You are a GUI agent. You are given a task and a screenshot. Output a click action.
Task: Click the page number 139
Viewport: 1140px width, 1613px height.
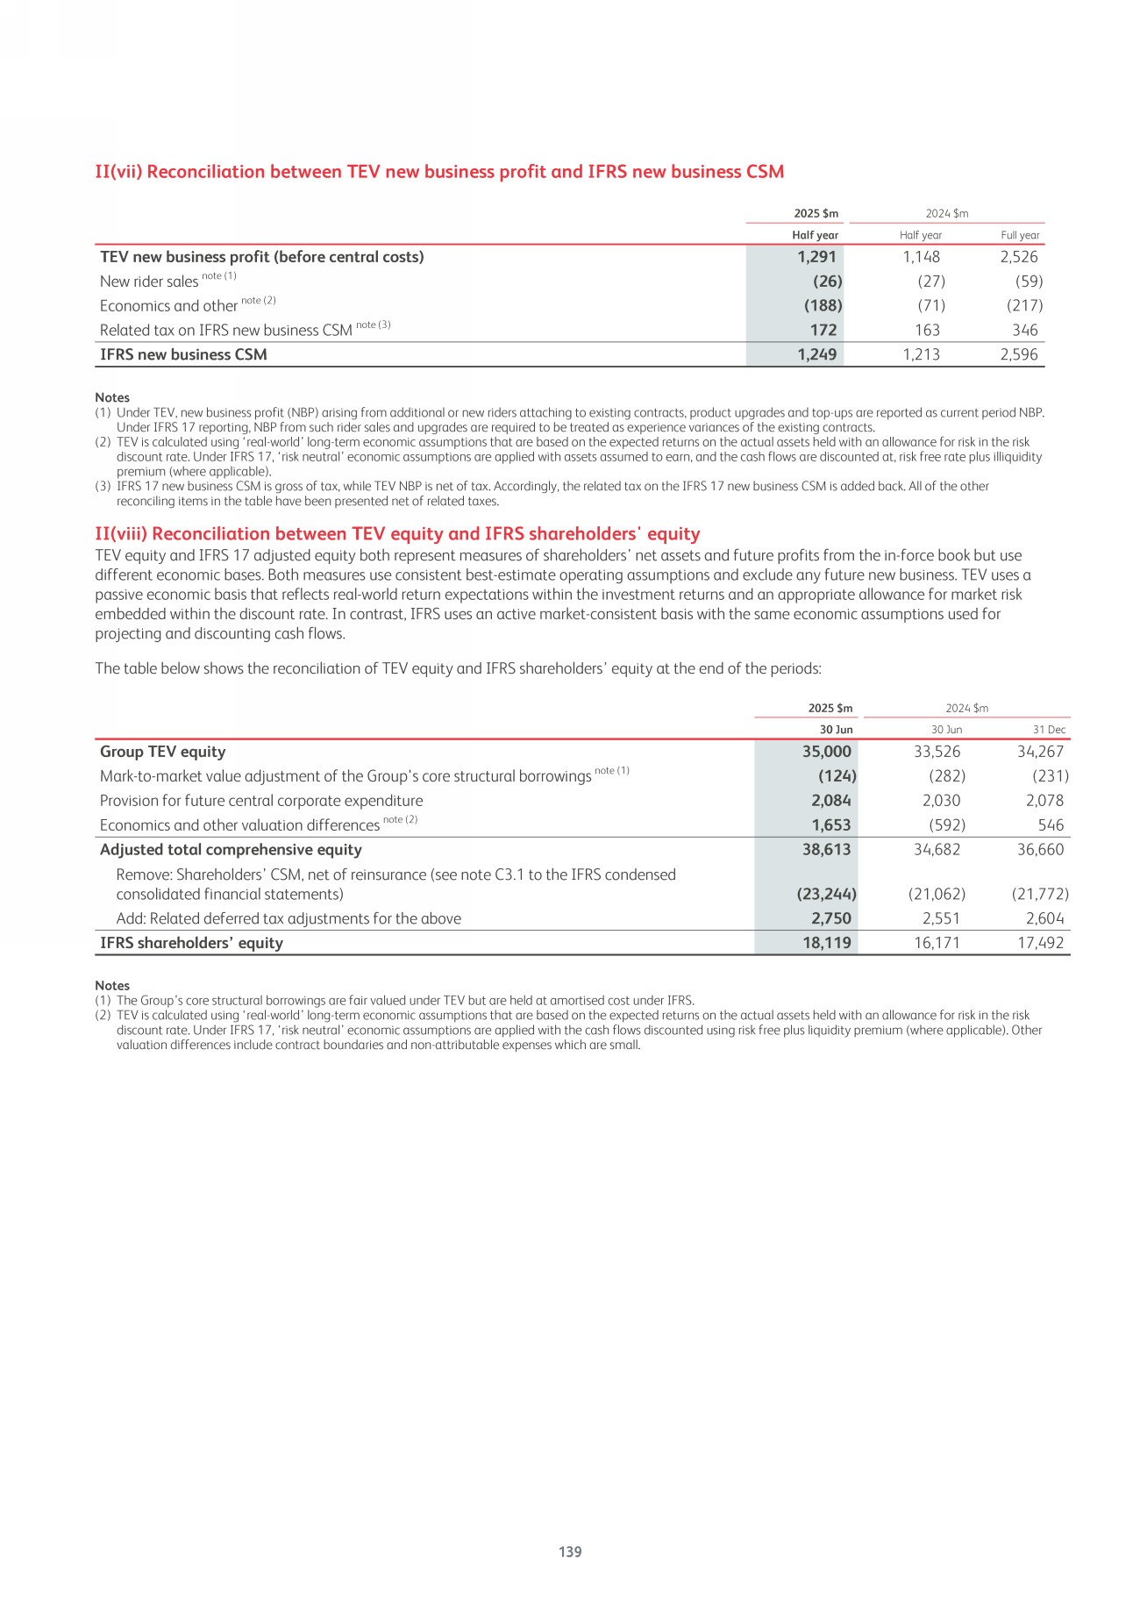(x=570, y=1552)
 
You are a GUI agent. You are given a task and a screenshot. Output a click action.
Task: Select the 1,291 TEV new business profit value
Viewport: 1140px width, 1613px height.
(x=816, y=257)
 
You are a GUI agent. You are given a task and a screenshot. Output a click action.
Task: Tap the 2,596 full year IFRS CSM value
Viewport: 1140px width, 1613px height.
(x=1019, y=354)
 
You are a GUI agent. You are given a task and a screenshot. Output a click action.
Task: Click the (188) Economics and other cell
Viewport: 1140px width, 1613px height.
(x=823, y=305)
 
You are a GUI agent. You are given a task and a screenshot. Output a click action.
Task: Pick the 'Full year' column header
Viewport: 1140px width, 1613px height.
(x=1020, y=235)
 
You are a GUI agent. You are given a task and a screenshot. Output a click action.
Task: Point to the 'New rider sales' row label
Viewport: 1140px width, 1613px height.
(x=149, y=282)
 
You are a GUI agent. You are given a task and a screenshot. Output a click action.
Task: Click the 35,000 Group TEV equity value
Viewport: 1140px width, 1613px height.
(x=826, y=752)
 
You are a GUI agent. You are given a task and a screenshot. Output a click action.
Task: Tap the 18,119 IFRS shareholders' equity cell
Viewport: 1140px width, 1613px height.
(x=826, y=943)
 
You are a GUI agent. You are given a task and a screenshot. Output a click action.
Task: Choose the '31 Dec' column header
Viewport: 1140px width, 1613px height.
(x=1049, y=730)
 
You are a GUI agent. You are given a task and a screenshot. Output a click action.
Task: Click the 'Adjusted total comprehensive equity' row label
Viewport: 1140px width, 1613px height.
(x=231, y=850)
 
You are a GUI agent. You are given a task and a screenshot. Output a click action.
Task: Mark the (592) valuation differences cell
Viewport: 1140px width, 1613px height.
(x=946, y=825)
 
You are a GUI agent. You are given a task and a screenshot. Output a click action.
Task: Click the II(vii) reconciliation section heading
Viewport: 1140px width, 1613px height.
(x=439, y=172)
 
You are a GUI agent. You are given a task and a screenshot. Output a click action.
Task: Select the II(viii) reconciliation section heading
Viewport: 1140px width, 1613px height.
(x=397, y=534)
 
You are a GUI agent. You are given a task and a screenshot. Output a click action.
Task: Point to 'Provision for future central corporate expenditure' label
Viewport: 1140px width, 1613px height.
(x=261, y=801)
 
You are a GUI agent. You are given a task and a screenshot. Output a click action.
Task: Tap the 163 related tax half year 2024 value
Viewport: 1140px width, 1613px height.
(x=927, y=330)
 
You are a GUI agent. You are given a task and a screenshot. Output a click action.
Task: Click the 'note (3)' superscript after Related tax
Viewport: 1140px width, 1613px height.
(x=373, y=325)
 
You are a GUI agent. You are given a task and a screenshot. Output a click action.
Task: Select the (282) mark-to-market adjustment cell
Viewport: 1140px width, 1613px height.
(x=946, y=776)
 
